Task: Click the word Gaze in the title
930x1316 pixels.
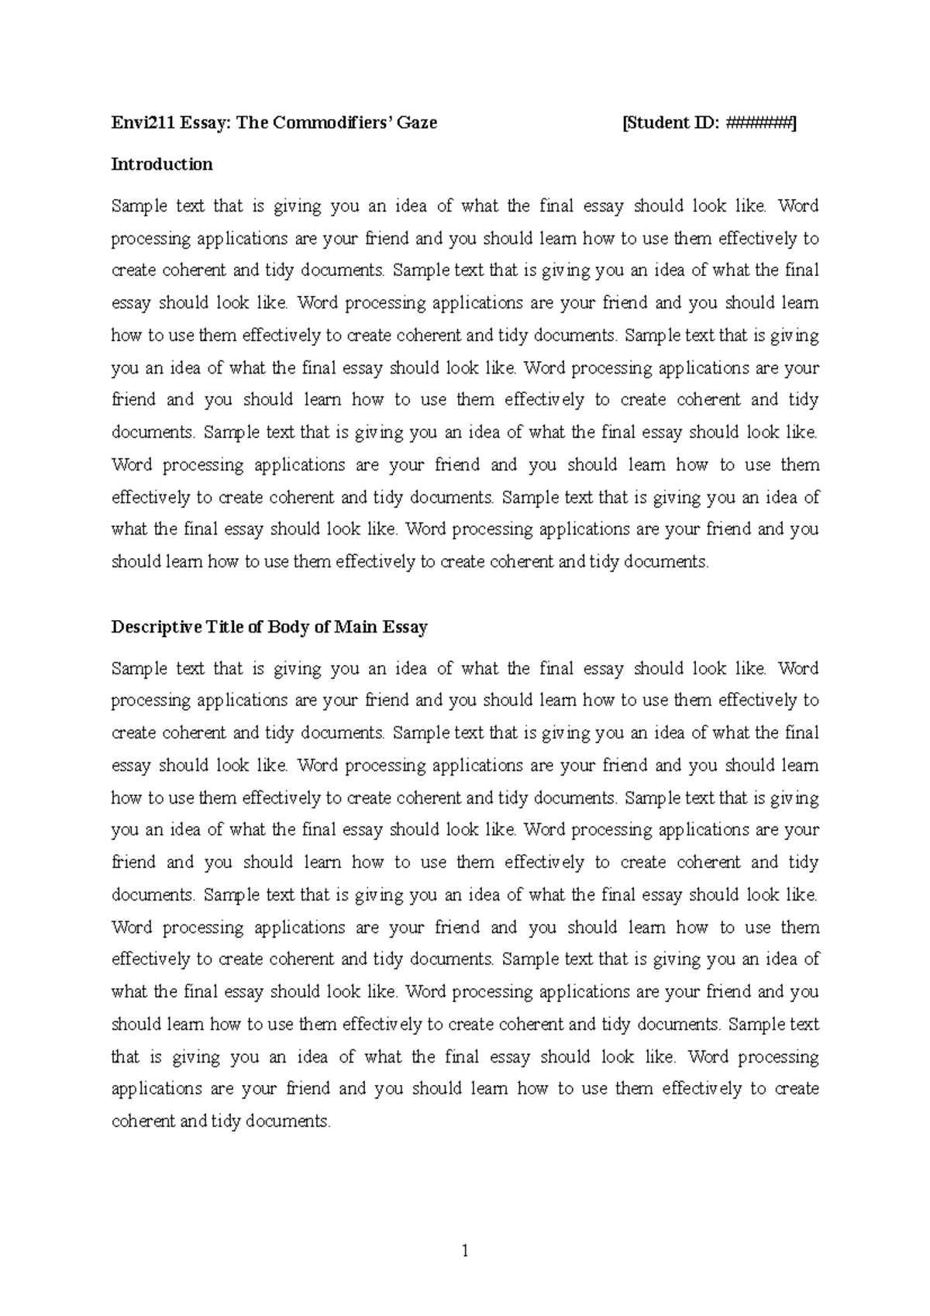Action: pos(417,122)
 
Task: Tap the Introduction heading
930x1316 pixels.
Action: pos(162,164)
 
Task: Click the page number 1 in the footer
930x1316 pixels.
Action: pos(465,1251)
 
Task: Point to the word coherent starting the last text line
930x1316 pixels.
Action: pos(143,1121)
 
